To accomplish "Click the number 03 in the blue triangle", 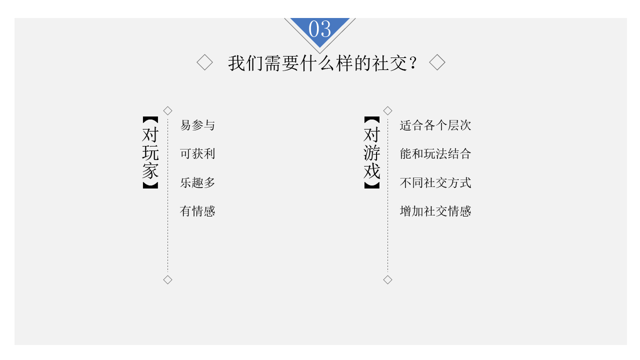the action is (x=319, y=29).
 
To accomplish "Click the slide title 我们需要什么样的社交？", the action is (x=322, y=63).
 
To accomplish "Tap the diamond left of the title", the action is (x=204, y=63).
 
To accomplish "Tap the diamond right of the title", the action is (x=437, y=63).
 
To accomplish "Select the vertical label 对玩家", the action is (x=150, y=152).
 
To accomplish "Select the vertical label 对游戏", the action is (x=371, y=152).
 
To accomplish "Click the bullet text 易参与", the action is (x=197, y=125).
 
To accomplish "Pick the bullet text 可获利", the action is (x=197, y=153).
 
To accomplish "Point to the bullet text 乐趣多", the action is (x=197, y=182).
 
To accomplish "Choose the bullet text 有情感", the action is (x=197, y=211).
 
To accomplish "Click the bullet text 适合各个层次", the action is (x=435, y=125).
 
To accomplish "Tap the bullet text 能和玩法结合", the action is (x=435, y=153).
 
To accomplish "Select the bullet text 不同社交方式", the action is (x=435, y=182).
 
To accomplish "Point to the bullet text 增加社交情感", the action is (x=435, y=211).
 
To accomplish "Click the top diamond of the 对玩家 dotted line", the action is (x=168, y=110).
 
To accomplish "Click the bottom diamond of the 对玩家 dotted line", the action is (x=168, y=279).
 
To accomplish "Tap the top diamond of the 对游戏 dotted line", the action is (x=387, y=110).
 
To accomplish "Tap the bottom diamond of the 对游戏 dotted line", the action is (x=387, y=279).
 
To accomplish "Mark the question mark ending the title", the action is (x=412, y=63).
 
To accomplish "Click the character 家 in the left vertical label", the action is (x=150, y=170).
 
